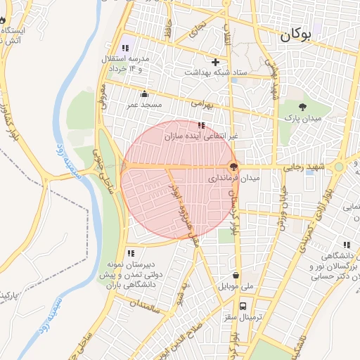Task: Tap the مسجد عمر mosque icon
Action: [x=145, y=94]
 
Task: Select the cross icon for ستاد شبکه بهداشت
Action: [x=216, y=62]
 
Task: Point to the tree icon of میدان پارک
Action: [x=303, y=107]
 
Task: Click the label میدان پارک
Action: [x=303, y=120]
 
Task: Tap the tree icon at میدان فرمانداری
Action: [x=233, y=167]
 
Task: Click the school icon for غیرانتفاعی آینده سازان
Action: [x=202, y=125]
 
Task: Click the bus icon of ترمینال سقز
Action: [x=243, y=307]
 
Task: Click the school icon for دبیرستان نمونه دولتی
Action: [x=131, y=253]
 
